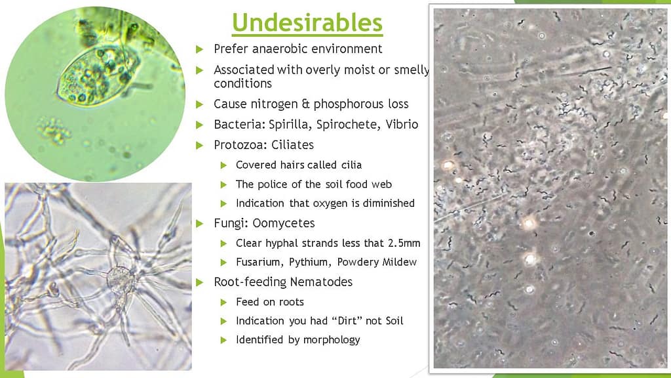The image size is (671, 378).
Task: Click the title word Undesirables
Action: coord(307,22)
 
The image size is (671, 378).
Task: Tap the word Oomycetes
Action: coord(283,223)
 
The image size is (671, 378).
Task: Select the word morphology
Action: coord(332,341)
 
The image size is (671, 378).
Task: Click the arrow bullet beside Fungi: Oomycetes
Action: coord(199,223)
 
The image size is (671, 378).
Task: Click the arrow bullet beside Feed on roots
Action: coord(223,303)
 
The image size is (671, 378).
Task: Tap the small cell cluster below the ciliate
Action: coord(53,130)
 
